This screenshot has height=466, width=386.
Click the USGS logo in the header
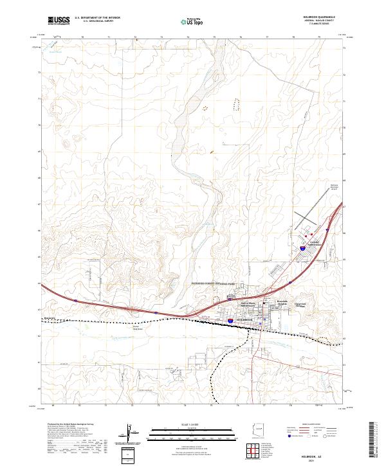pos(59,21)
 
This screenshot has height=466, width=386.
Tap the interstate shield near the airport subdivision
pos(302,246)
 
